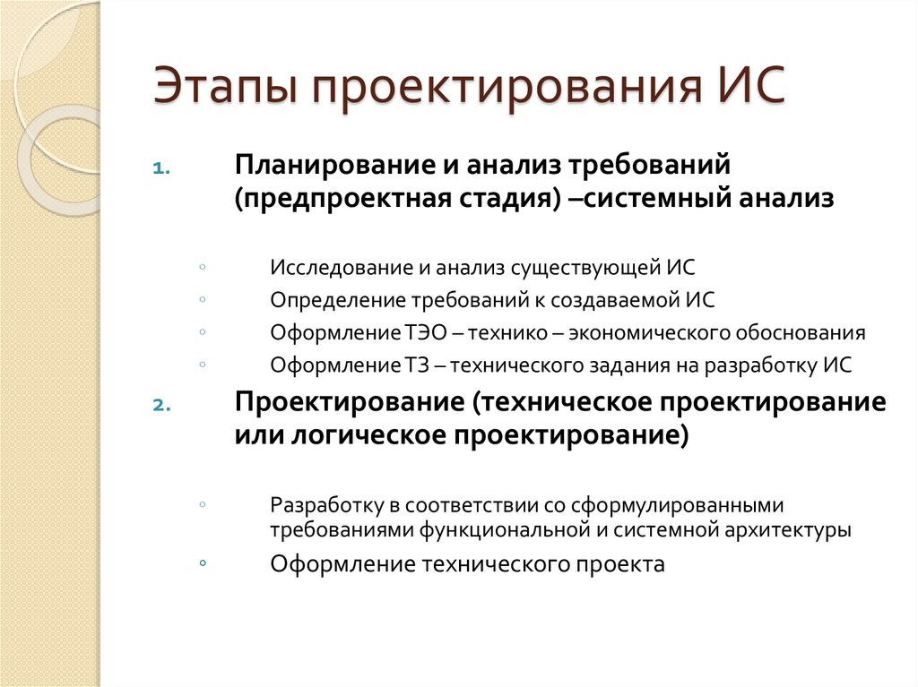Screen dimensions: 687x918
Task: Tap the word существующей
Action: (x=585, y=268)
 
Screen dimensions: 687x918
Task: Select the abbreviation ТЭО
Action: (x=424, y=333)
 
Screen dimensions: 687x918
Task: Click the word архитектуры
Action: (x=785, y=529)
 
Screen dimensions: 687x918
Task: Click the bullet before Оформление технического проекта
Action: (x=204, y=563)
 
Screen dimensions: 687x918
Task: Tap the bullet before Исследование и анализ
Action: (x=204, y=267)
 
